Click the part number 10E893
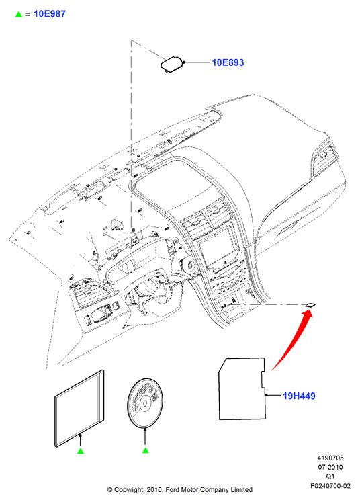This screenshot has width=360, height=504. click(228, 62)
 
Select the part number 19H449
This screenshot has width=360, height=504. click(299, 396)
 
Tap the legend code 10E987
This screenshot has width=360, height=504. click(50, 14)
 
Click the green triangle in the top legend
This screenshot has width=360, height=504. click(19, 15)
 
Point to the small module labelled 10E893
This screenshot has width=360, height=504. click(173, 65)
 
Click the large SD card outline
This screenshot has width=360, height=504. click(242, 388)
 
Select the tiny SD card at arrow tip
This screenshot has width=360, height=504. click(310, 305)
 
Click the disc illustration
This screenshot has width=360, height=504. click(145, 403)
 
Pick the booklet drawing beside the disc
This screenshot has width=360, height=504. click(80, 408)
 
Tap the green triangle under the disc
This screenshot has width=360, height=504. click(146, 450)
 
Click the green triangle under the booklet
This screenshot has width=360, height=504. click(81, 451)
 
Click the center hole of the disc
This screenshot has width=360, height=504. click(145, 403)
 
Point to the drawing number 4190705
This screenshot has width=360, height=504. click(330, 458)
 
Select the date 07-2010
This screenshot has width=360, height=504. click(330, 467)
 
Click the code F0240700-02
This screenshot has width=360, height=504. click(330, 486)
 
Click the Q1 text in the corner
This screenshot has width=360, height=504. click(330, 476)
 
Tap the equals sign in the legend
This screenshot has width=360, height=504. click(28, 15)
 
